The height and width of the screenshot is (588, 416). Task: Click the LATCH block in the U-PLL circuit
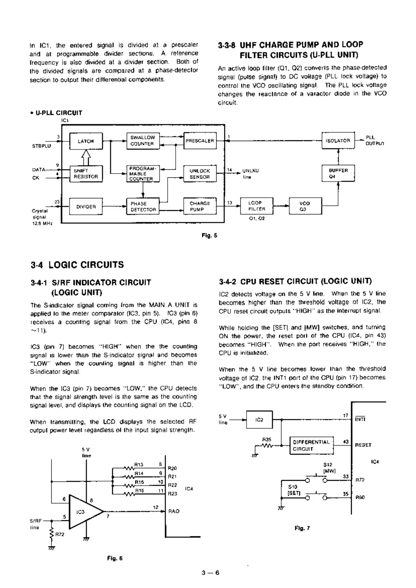(86, 141)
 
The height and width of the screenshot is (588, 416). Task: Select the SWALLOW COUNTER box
(143, 140)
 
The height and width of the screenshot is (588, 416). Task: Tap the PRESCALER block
(200, 141)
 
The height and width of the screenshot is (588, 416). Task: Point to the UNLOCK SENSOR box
(200, 174)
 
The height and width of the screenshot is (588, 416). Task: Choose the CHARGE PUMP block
(200, 206)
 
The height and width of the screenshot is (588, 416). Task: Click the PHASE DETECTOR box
(143, 206)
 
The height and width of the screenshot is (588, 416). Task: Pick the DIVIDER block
(86, 207)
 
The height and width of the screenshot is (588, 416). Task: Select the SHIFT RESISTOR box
(86, 174)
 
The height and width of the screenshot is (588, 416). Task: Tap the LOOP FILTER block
(257, 206)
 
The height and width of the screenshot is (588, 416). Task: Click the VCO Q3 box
(305, 206)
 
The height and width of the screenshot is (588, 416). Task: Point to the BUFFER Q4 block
(338, 173)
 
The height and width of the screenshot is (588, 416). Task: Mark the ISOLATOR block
(338, 141)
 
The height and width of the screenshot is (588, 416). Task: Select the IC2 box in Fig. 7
(259, 420)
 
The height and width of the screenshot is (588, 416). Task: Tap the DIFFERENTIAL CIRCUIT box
(312, 445)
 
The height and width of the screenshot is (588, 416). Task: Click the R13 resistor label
(139, 465)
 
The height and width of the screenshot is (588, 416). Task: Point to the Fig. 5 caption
(209, 235)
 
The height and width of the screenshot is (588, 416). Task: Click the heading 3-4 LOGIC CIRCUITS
(77, 265)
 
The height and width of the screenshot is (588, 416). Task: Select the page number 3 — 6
(210, 572)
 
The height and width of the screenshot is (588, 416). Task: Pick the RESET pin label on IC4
(363, 445)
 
